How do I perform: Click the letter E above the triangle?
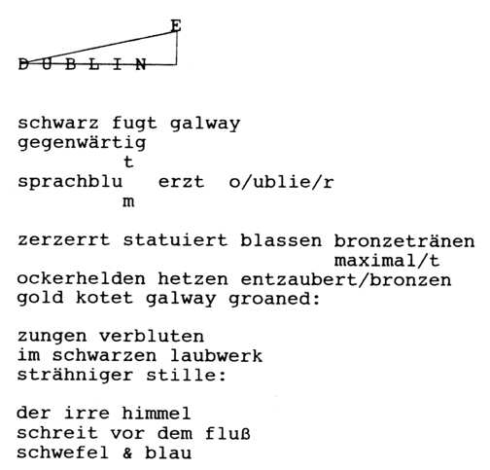[x=176, y=25]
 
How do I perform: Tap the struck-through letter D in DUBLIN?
[x=23, y=64]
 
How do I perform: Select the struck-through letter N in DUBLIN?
[x=141, y=64]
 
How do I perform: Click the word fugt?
[x=134, y=124]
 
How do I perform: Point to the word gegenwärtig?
[x=82, y=143]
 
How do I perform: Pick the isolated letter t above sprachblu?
[x=128, y=162]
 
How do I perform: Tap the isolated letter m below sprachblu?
[x=128, y=201]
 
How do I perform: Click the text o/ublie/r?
[x=281, y=182]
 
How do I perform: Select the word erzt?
[x=182, y=182]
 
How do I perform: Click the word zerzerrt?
[x=64, y=240]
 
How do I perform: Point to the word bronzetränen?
[x=404, y=241]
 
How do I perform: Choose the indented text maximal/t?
[x=387, y=261]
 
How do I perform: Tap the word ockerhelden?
[x=82, y=279]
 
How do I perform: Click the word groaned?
[x=270, y=299]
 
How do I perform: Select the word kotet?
[x=105, y=298]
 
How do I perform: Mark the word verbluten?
[x=152, y=337]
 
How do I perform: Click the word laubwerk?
[x=216, y=356]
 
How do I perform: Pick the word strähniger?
[x=75, y=375]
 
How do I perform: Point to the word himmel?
[x=157, y=414]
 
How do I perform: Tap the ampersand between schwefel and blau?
[x=128, y=453]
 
